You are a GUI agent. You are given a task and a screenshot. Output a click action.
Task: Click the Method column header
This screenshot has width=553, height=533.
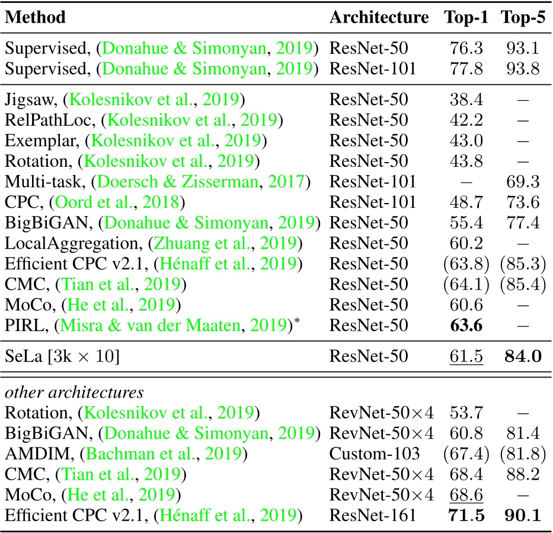pyautogui.click(x=36, y=17)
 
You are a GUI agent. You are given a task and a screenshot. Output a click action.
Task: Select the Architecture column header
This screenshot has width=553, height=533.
pyautogui.click(x=379, y=17)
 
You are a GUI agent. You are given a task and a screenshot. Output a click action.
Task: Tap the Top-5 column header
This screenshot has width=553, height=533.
pyautogui.click(x=523, y=17)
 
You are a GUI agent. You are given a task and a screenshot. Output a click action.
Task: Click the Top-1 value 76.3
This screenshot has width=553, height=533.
pyautogui.click(x=466, y=47)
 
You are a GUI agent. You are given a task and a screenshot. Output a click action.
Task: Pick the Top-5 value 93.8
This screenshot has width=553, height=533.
pyautogui.click(x=523, y=69)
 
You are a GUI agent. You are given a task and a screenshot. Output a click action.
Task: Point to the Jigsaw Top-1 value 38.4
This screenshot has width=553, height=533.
pyautogui.click(x=466, y=99)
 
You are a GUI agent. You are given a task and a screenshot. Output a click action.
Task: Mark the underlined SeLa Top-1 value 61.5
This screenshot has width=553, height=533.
pyautogui.click(x=466, y=357)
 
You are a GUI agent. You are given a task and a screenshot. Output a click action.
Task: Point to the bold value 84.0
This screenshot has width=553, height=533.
pyautogui.click(x=523, y=357)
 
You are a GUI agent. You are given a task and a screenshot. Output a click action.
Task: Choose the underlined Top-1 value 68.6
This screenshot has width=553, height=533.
pyautogui.click(x=466, y=495)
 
